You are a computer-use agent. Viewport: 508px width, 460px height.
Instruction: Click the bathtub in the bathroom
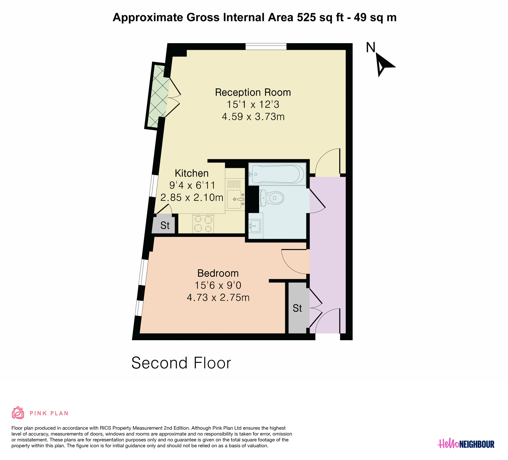(277, 174)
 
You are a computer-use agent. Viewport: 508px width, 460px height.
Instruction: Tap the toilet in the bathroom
(271, 198)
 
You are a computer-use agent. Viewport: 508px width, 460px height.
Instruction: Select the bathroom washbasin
(255, 226)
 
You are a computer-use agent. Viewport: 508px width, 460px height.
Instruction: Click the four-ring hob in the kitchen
(203, 224)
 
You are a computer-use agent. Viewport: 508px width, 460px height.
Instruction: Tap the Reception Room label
(253, 92)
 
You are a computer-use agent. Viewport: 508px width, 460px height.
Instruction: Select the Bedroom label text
(218, 273)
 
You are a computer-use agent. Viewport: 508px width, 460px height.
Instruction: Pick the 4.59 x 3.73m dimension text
(253, 117)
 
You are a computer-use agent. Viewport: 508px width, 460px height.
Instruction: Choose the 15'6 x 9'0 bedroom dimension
(218, 285)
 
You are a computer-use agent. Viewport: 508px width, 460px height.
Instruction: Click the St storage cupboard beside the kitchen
(163, 224)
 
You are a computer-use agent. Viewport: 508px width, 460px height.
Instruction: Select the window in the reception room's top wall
(266, 47)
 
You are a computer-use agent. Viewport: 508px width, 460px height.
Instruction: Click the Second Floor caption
(181, 363)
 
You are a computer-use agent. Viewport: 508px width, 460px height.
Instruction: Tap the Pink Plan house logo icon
(18, 412)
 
